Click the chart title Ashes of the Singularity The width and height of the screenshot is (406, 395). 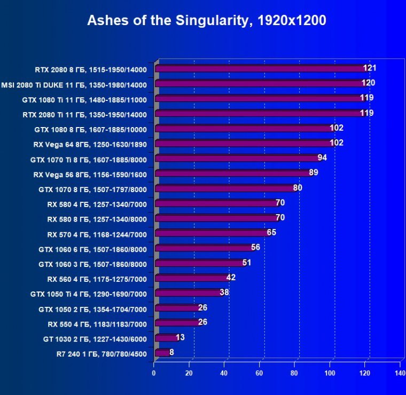[206, 21]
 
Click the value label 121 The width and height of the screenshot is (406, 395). [370, 68]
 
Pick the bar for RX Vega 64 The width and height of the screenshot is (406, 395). [244, 143]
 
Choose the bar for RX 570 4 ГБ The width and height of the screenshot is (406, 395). [211, 233]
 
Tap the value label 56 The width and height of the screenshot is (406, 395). [255, 247]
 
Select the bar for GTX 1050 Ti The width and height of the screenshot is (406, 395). [187, 293]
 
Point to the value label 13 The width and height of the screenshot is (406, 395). [180, 337]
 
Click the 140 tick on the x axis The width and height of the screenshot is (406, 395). [400, 374]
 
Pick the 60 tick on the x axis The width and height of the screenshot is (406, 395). [259, 374]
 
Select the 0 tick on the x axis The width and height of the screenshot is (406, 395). [154, 374]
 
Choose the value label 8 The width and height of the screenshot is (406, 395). [171, 352]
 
